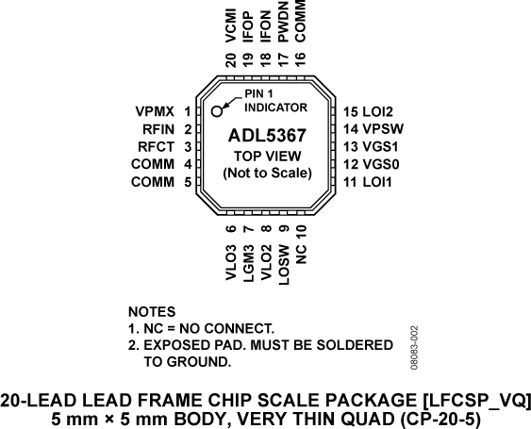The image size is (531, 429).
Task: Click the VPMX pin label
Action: (156, 111)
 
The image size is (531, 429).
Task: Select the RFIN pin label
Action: (158, 129)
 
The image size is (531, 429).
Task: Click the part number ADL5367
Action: (266, 137)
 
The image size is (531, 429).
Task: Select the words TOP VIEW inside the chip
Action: (266, 157)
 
